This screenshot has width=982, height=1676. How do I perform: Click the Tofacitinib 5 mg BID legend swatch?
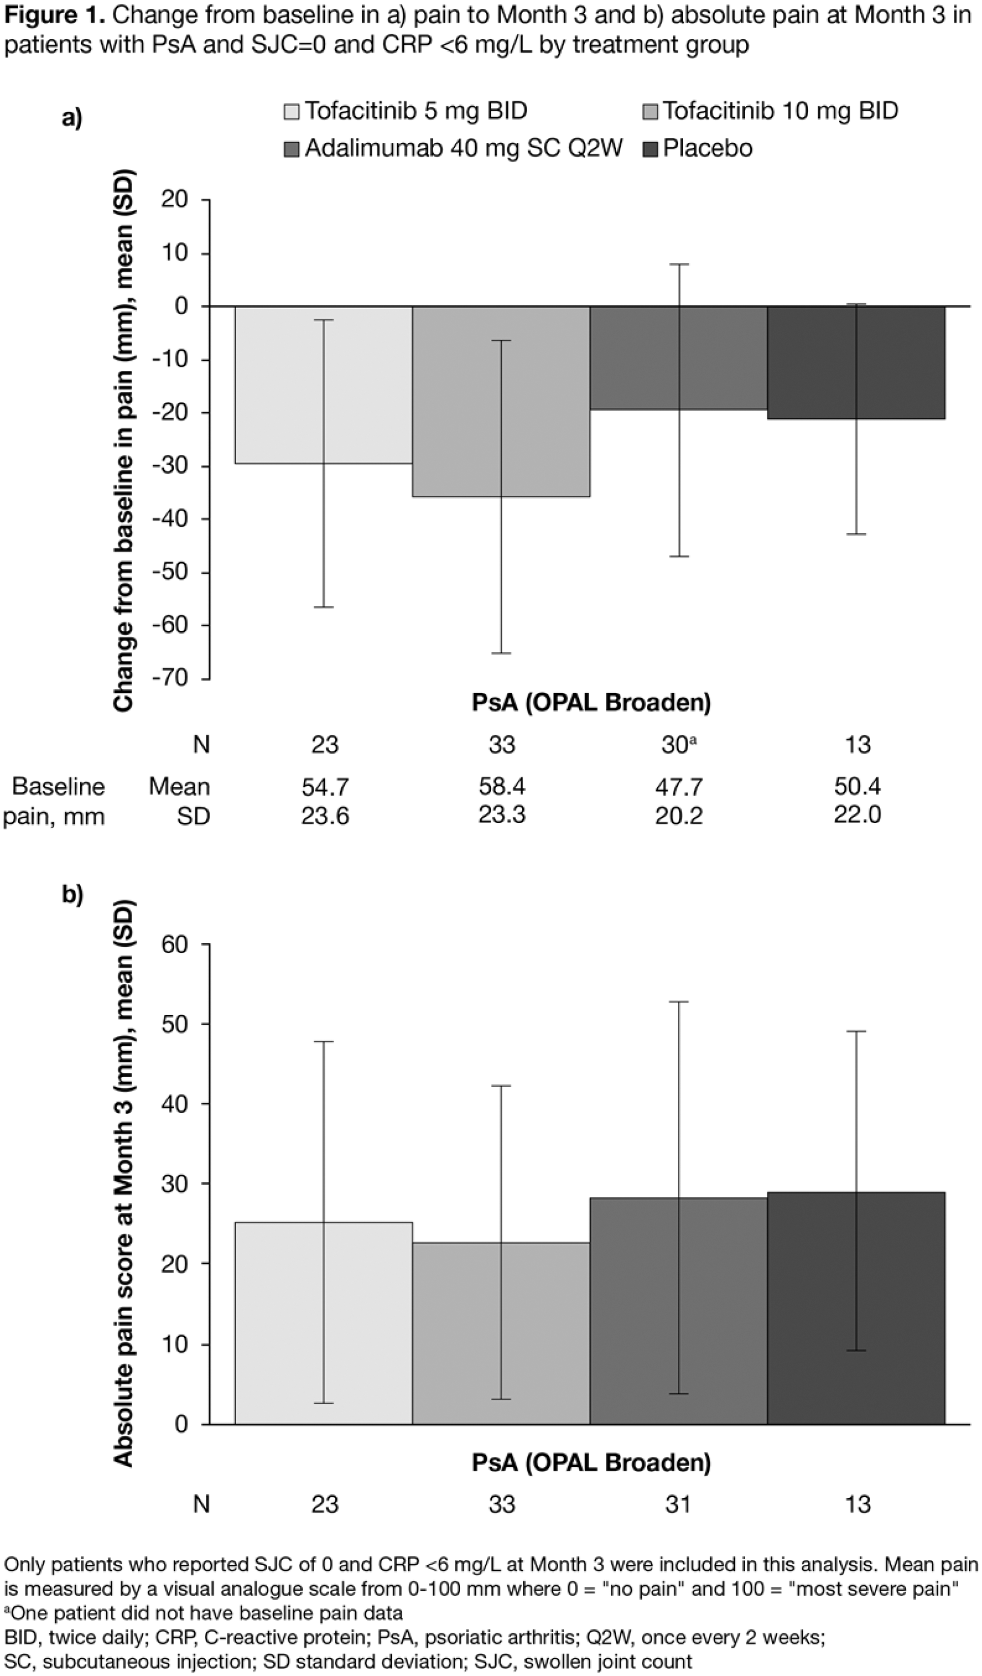[292, 111]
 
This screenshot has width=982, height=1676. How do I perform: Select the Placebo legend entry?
[707, 148]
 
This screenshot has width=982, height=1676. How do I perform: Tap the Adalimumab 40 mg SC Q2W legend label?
[463, 148]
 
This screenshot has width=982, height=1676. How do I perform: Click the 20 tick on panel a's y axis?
[175, 199]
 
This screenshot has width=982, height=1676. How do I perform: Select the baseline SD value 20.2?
[678, 815]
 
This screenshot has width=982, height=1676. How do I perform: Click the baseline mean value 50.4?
[857, 786]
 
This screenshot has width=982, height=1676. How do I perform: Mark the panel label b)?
[72, 895]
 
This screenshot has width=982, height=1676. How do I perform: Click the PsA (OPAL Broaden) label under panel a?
[591, 702]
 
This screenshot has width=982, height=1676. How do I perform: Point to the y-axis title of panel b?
[124, 1183]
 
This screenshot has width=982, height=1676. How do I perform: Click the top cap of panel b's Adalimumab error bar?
[678, 1001]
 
